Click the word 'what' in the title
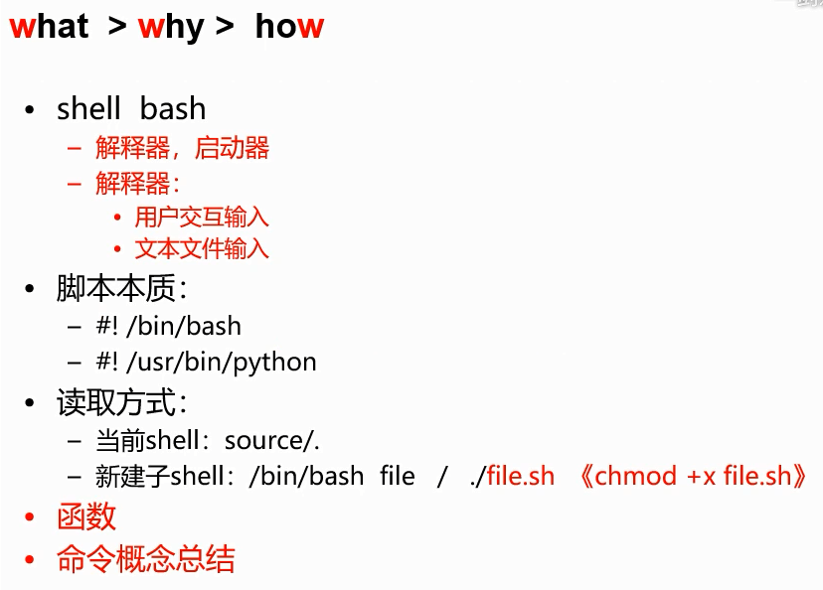tap(49, 27)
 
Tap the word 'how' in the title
tap(289, 27)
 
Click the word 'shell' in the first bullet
tap(88, 108)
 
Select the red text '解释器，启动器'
tap(182, 149)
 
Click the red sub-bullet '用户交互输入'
tap(202, 217)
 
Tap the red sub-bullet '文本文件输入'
tap(202, 248)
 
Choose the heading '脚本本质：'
tap(122, 289)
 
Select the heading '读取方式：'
tap(122, 403)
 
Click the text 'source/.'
tap(272, 440)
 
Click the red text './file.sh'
tap(513, 476)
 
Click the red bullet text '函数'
tap(86, 516)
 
